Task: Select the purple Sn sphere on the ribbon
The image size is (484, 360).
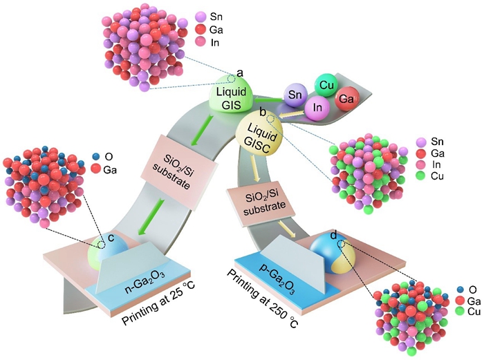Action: tap(296, 95)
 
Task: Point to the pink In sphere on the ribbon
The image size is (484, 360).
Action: tap(318, 108)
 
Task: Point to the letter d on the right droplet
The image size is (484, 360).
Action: tap(334, 236)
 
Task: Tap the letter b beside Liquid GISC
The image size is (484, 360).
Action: tap(263, 111)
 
